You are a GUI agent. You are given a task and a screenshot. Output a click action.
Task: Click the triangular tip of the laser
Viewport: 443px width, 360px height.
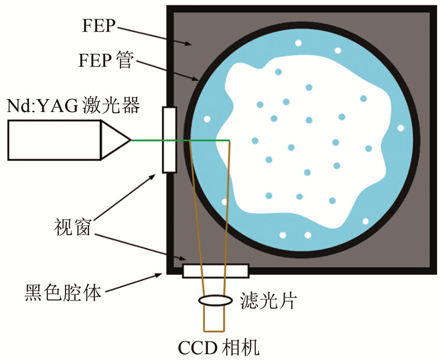115,140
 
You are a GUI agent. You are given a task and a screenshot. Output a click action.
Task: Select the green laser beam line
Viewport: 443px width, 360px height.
177,140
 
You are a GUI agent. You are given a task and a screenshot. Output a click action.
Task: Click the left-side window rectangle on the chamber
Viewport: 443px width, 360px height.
169,140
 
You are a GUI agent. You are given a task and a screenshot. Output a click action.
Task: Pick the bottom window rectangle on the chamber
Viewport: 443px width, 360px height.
215,270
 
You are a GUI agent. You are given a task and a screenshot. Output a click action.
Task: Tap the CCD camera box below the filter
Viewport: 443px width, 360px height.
214,319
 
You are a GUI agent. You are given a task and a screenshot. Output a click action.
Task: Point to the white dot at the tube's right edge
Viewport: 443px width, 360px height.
400,128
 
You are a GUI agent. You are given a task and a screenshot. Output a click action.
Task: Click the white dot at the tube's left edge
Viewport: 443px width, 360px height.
207,119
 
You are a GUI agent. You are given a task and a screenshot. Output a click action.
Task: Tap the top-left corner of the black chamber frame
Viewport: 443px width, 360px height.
170,8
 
